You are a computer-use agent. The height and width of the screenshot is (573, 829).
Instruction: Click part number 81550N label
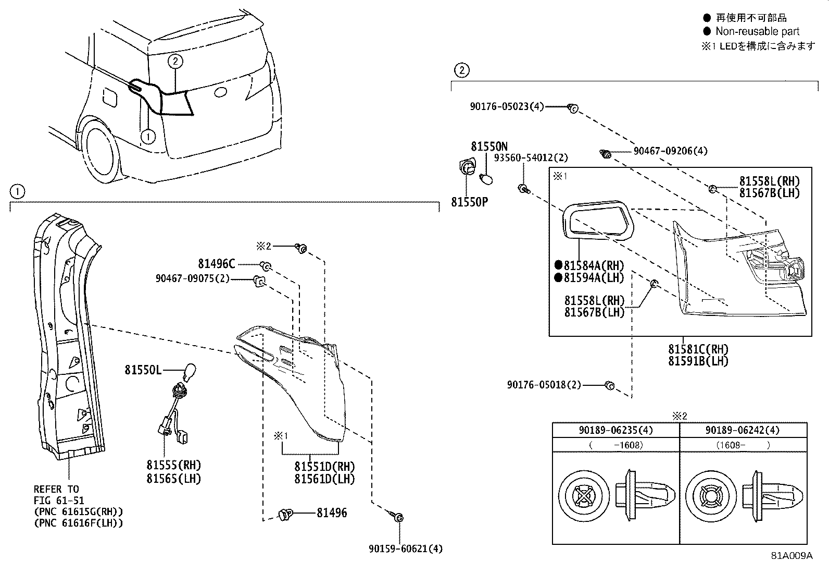[x=489, y=147]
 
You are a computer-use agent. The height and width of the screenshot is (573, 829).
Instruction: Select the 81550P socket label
[x=469, y=201]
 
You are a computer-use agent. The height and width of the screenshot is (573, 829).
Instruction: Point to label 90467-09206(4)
[x=670, y=151]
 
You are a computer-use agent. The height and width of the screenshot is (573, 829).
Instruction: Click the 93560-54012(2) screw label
[x=531, y=157]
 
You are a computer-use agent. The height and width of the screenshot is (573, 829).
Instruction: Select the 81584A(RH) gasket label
[x=594, y=266]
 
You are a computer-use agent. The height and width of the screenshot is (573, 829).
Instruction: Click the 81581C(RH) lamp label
[x=698, y=349]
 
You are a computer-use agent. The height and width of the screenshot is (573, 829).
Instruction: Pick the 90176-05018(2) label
[x=544, y=385]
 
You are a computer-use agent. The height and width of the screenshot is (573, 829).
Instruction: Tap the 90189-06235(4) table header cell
[x=616, y=430]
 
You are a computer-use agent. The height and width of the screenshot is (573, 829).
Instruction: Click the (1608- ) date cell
[x=743, y=445]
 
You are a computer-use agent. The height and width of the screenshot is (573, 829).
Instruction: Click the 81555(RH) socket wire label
[x=173, y=465]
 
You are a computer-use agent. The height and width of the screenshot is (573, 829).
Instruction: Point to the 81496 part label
[x=332, y=513]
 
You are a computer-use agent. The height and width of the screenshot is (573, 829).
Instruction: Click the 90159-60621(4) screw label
[x=405, y=548]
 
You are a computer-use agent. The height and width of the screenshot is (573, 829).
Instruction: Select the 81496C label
[x=216, y=264]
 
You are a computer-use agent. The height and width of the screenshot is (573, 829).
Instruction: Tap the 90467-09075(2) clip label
[x=192, y=279]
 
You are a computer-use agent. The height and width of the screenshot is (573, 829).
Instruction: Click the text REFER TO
[x=56, y=489]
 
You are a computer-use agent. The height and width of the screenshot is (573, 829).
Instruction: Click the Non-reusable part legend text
[x=757, y=31]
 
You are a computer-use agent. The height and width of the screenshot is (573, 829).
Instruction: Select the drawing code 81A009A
[x=792, y=555]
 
